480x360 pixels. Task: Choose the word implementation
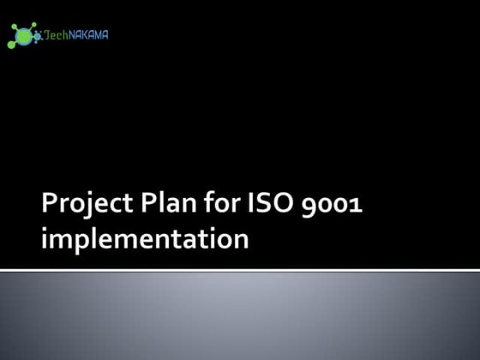(x=146, y=239)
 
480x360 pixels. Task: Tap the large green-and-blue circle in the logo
(x=24, y=36)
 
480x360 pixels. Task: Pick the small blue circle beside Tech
(x=39, y=36)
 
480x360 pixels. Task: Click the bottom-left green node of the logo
(x=11, y=45)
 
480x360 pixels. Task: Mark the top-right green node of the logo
(x=34, y=25)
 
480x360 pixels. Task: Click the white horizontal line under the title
(x=240, y=271)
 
